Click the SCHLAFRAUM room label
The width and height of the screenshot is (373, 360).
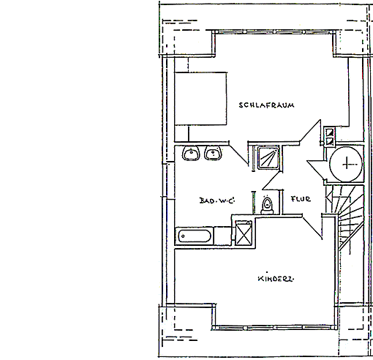(x=266, y=105)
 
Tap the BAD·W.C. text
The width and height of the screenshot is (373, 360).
(x=216, y=200)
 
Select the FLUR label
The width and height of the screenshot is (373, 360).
(x=301, y=199)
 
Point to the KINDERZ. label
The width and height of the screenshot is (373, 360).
(x=276, y=279)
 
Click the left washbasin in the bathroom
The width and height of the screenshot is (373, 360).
(x=191, y=153)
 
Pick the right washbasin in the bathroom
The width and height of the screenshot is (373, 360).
(x=213, y=153)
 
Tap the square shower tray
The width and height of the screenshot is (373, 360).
(x=268, y=158)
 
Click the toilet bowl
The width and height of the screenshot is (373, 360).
(x=268, y=204)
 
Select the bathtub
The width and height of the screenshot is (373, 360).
(x=195, y=236)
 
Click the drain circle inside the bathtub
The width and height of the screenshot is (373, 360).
(x=183, y=236)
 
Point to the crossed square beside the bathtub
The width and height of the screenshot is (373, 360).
(x=244, y=233)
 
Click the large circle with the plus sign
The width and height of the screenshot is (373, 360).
(x=346, y=164)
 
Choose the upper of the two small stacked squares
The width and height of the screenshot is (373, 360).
(x=330, y=132)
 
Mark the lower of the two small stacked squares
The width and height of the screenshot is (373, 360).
(x=330, y=141)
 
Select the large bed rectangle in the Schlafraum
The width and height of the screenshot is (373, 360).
(x=200, y=99)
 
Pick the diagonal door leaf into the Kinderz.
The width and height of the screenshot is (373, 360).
(x=312, y=227)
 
